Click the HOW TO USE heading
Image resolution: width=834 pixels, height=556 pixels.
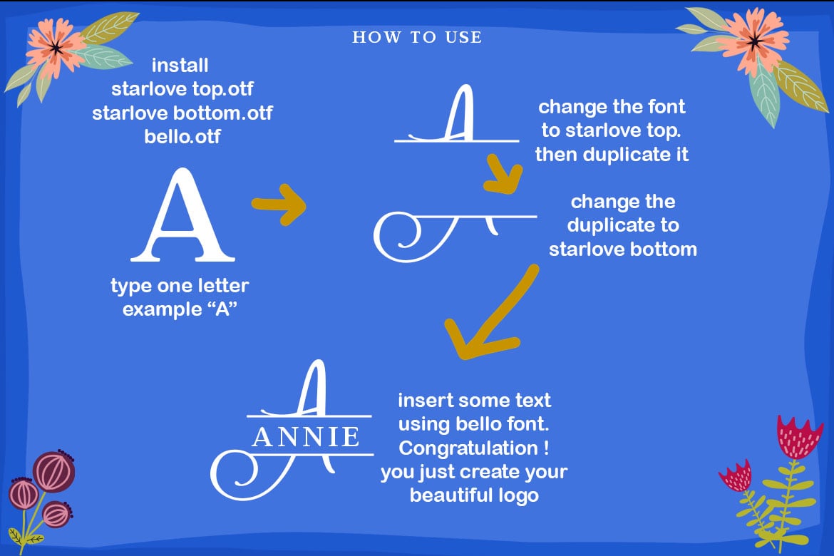point(417,37)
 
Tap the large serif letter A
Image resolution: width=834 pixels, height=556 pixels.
point(182,215)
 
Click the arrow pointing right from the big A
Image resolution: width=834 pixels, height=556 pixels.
point(279,205)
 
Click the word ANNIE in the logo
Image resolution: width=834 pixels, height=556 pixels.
point(307,438)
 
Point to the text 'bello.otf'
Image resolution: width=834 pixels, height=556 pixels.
point(182,137)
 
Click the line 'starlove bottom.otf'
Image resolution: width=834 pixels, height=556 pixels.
point(182,113)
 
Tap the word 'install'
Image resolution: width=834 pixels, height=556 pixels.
point(180,66)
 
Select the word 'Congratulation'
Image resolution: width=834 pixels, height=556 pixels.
point(468,448)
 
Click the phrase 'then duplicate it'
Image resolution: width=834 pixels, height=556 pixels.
point(612,154)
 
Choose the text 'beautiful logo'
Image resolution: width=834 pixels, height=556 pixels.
point(475,495)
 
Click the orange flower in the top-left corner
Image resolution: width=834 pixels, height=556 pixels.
point(54,47)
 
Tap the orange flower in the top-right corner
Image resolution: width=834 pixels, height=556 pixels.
point(754,40)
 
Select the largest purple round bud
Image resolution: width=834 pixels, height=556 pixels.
point(53,471)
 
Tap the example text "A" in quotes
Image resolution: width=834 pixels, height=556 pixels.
point(222,309)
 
